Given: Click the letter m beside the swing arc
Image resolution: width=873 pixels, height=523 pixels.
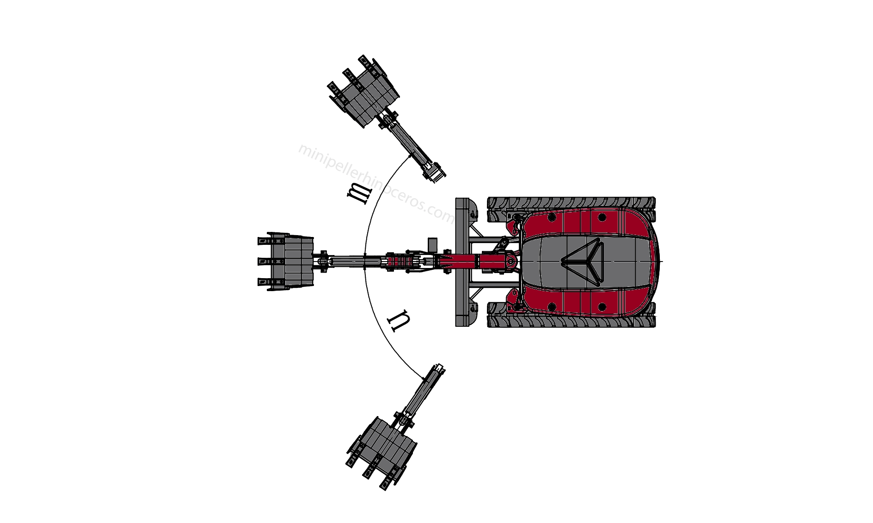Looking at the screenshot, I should [x=359, y=192].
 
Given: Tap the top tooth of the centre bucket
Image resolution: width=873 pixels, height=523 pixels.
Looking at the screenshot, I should [x=263, y=242].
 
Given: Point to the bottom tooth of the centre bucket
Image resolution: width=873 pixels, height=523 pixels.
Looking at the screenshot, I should [x=263, y=282].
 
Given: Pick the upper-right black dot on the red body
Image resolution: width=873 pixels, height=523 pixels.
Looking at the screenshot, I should [x=602, y=217].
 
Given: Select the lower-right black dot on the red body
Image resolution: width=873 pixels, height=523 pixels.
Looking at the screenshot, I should [x=602, y=306].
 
